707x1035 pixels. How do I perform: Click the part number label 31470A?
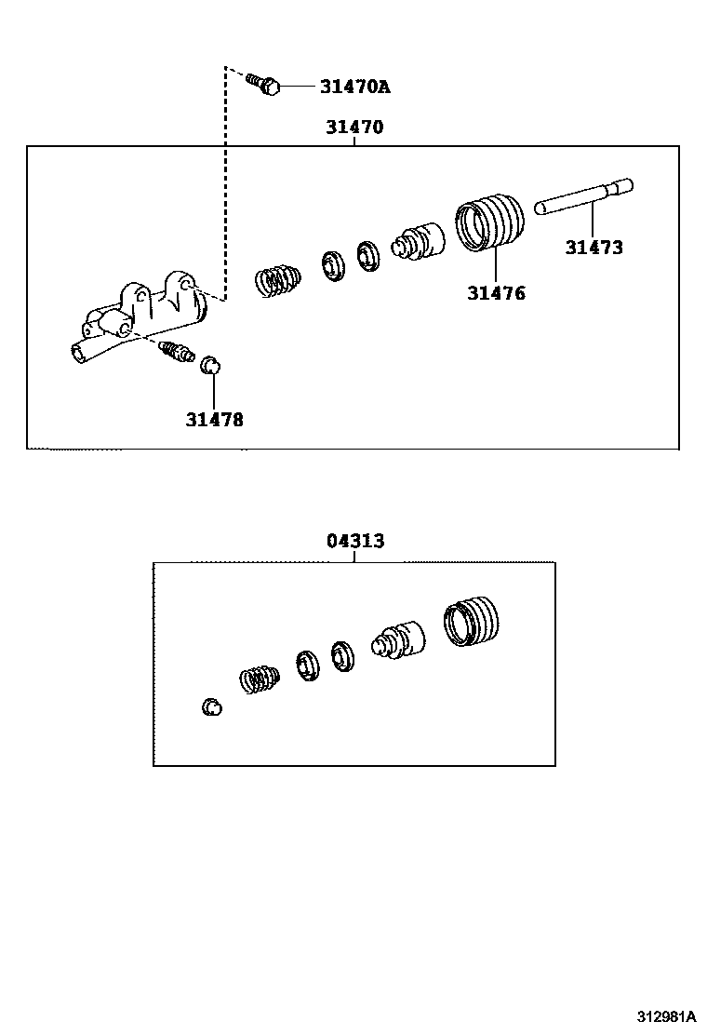354,87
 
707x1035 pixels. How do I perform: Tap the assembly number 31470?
354,128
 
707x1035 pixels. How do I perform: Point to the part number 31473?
594,248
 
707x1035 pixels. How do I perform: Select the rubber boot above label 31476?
489,222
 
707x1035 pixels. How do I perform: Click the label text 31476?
496,293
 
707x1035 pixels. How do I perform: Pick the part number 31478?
214,420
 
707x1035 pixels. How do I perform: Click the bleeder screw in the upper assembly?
175,353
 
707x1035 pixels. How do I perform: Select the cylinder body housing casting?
140,316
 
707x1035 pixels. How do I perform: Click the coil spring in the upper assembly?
277,278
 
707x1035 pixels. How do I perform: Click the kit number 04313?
355,541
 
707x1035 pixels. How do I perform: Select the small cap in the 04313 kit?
212,707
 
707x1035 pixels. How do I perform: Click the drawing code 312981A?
666,1015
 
